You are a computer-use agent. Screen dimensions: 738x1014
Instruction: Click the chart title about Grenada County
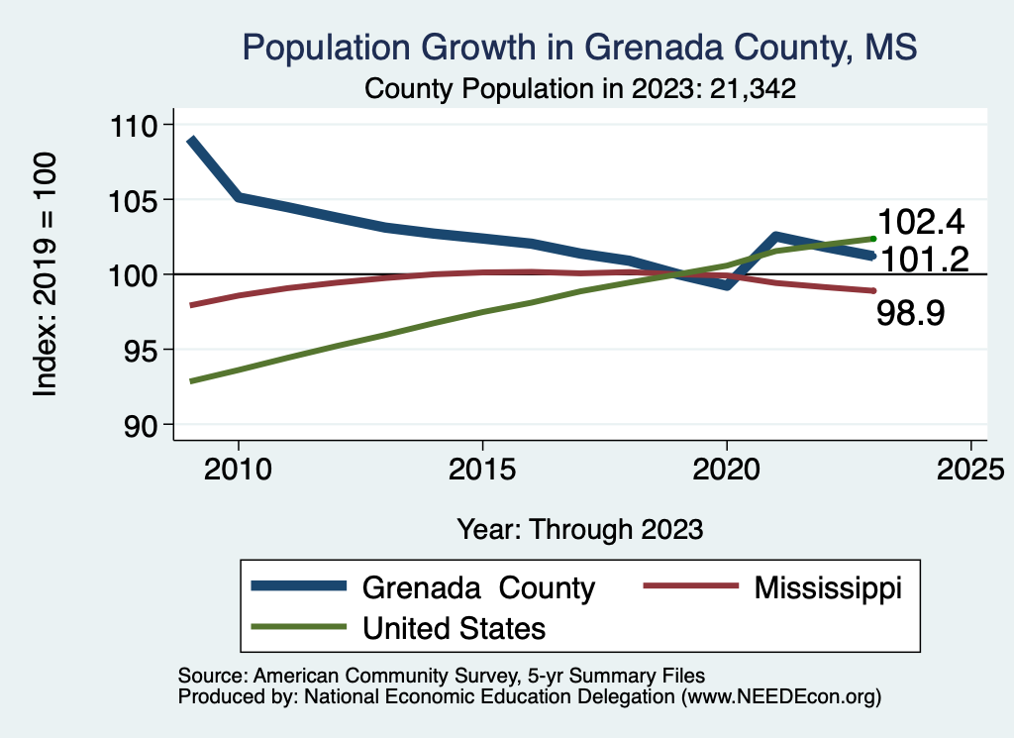click(x=580, y=48)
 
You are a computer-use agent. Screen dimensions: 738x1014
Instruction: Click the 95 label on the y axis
click(x=153, y=350)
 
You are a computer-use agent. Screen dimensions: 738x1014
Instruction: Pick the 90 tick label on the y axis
click(x=153, y=424)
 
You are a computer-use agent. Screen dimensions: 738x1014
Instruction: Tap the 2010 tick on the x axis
click(x=238, y=469)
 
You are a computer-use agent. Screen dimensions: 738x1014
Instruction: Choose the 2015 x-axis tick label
click(x=482, y=469)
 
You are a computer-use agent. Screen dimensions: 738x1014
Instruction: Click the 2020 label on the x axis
click(x=726, y=469)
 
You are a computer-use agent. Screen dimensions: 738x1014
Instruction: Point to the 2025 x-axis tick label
click(x=970, y=469)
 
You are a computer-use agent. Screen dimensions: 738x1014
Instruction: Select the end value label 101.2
click(x=925, y=260)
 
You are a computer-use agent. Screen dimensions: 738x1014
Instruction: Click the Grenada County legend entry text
click(x=478, y=587)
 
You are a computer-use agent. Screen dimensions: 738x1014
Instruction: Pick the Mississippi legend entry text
click(x=828, y=587)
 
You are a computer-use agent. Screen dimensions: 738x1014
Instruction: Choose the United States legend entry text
click(x=455, y=627)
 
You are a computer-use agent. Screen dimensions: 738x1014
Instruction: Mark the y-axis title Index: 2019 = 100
click(x=46, y=274)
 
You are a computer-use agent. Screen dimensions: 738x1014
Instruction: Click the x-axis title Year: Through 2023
click(x=579, y=529)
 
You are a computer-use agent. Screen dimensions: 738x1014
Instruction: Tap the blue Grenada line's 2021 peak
click(x=775, y=236)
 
